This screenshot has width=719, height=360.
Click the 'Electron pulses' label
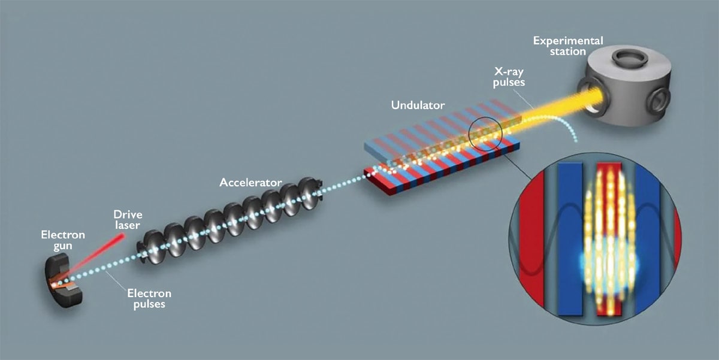149,298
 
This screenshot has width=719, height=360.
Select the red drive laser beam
96,258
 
